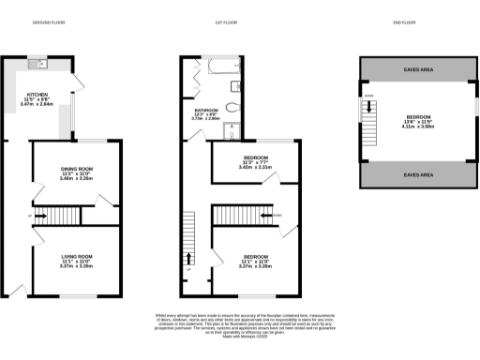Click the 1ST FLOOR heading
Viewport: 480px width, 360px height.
pos(225,22)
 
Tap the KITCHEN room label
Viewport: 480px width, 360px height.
pos(37,95)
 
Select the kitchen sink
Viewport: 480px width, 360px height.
pos(37,64)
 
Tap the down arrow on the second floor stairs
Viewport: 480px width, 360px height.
pos(370,109)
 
